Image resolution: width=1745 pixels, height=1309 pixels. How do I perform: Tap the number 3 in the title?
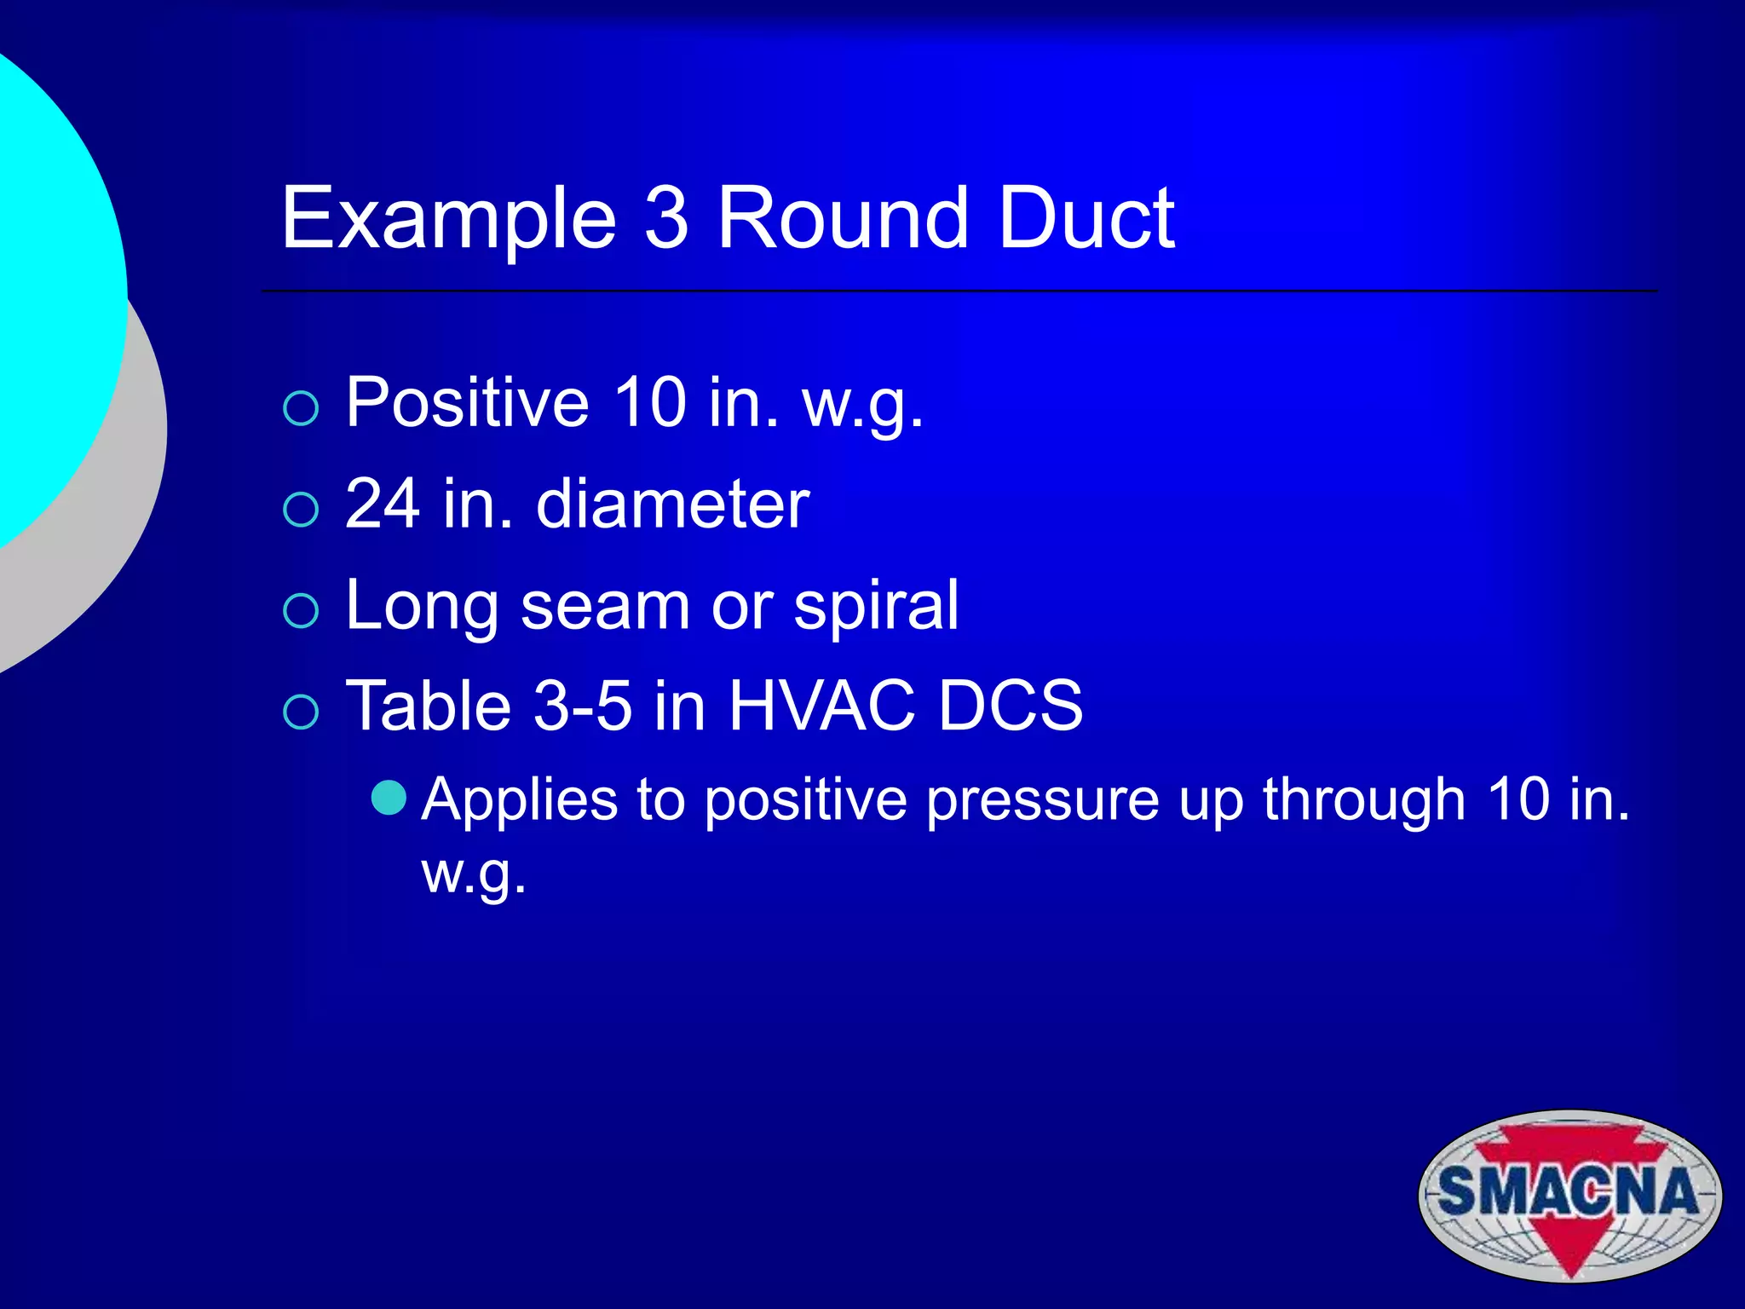pos(665,219)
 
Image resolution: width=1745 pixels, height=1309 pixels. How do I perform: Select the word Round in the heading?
pos(842,219)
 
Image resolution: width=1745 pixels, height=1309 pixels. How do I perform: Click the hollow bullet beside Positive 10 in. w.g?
pos(301,409)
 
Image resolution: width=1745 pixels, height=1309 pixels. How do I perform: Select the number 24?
pos(383,504)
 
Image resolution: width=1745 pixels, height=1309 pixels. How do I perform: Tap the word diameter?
pos(672,504)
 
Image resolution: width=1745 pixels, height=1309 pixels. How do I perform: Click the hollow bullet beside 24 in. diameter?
pos(301,510)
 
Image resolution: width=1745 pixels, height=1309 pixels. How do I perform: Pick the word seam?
pos(605,605)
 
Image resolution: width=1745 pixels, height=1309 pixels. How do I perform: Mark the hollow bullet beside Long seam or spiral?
pos(301,611)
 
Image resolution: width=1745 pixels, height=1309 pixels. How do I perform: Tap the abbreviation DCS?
pos(1010,706)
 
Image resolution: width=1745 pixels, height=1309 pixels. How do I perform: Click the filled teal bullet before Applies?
pos(389,798)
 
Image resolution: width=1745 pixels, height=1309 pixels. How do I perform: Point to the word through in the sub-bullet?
pos(1363,802)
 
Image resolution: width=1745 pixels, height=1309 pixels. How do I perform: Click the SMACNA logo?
pos(1569,1195)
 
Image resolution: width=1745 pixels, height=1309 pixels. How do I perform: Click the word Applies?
pos(520,802)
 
